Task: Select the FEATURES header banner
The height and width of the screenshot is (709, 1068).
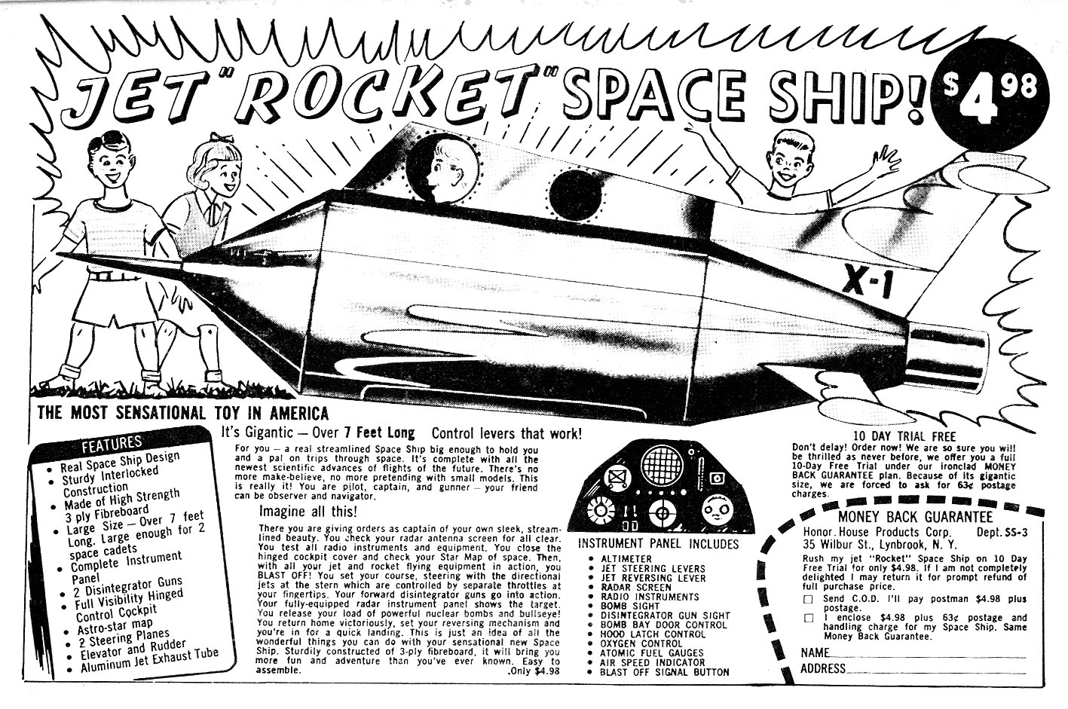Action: click(112, 442)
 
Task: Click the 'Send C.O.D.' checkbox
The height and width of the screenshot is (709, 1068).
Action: click(808, 599)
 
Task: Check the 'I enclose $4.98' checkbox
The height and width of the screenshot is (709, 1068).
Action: click(808, 618)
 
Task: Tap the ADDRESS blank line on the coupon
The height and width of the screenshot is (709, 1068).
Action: click(935, 673)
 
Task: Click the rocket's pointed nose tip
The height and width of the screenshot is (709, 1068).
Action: click(184, 261)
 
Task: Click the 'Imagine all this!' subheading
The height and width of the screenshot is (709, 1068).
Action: click(308, 512)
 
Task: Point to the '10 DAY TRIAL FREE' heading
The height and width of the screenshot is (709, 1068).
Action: click(904, 436)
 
